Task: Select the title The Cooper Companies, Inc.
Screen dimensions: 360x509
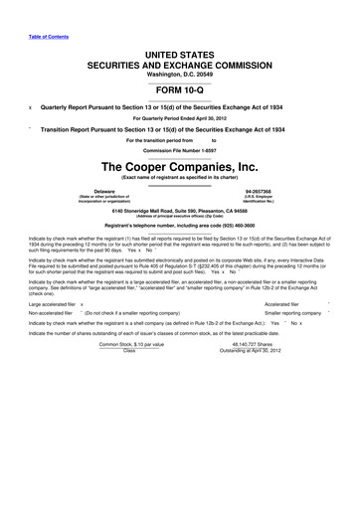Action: coord(179,166)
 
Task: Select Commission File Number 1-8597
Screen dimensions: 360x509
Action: coord(179,151)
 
